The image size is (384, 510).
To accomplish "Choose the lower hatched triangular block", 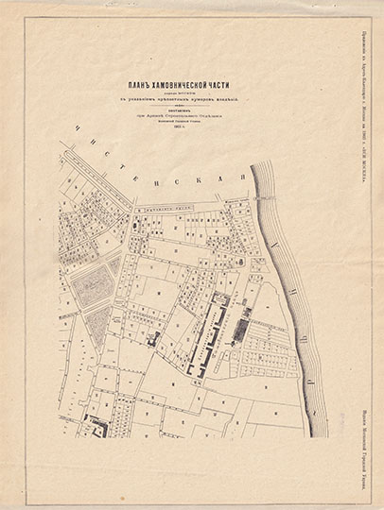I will point(97,325).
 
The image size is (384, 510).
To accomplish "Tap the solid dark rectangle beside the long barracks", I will point(242,329).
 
